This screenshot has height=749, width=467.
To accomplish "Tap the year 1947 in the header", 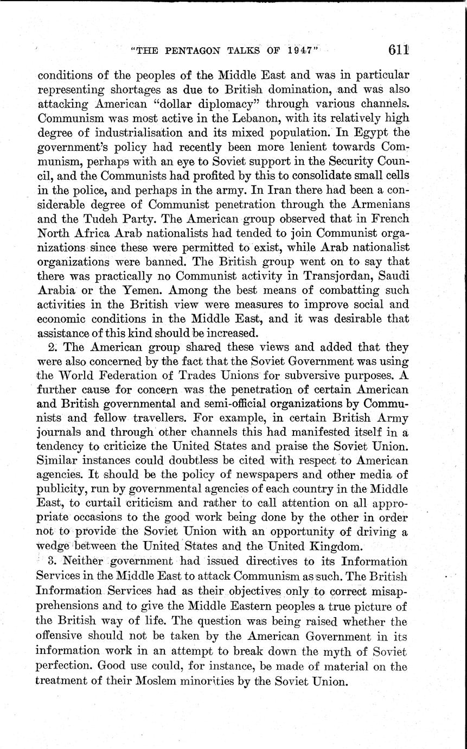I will click(x=297, y=50).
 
